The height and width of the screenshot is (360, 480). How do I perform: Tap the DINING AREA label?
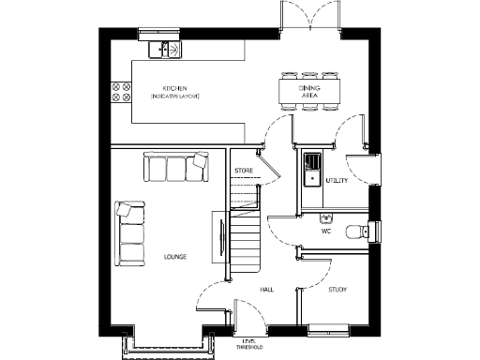pyautogui.click(x=309, y=91)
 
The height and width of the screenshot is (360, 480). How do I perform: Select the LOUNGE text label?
pyautogui.click(x=174, y=256)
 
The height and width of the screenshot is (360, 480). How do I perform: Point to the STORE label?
pyautogui.click(x=244, y=171)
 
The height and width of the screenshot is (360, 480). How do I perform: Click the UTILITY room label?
pyautogui.click(x=337, y=180)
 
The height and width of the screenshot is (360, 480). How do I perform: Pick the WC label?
pyautogui.click(x=326, y=230)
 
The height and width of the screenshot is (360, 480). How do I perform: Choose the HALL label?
pyautogui.click(x=266, y=291)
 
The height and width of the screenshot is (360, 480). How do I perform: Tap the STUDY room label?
pyautogui.click(x=337, y=291)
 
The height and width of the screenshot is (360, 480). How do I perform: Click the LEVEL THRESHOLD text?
pyautogui.click(x=249, y=344)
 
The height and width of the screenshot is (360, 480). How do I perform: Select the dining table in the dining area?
pyautogui.click(x=309, y=91)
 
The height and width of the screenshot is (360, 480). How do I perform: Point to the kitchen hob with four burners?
pyautogui.click(x=121, y=91)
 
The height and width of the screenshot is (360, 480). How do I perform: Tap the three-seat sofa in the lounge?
pyautogui.click(x=176, y=169)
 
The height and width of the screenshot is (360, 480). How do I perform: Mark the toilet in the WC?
pyautogui.click(x=356, y=232)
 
